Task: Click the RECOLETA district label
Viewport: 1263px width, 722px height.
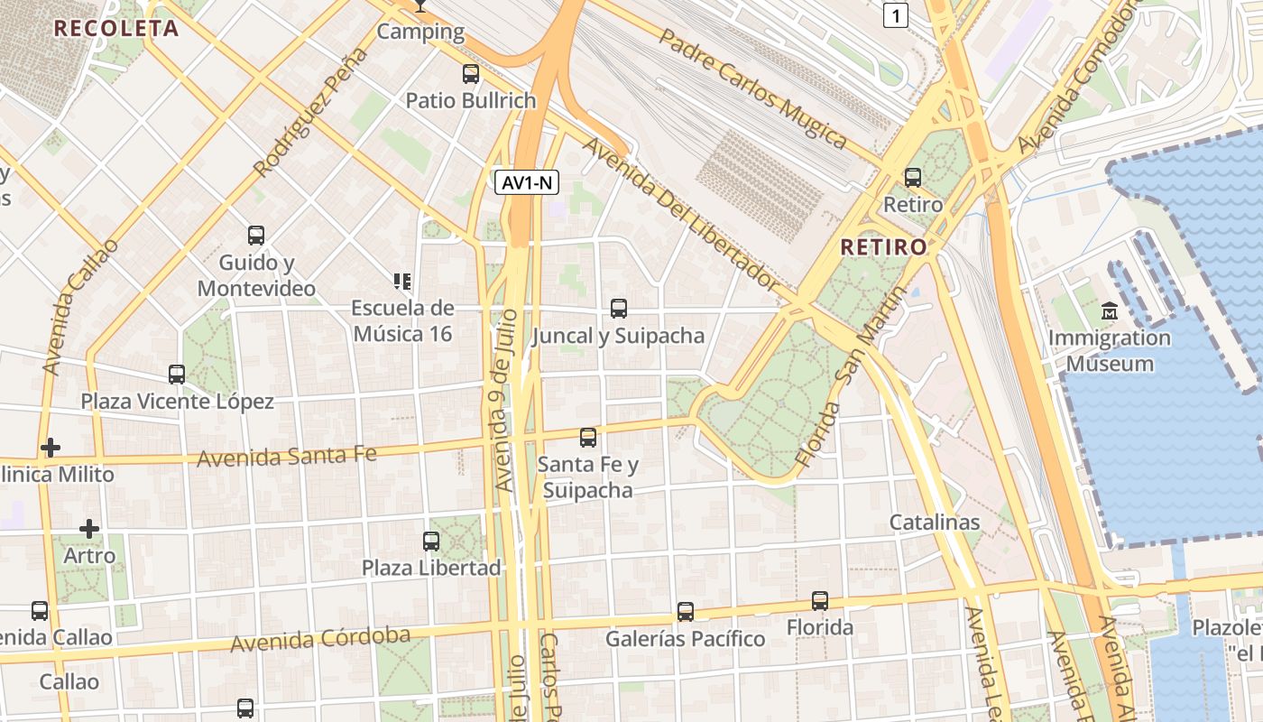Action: coord(116,28)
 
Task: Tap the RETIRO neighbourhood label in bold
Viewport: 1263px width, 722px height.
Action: coord(883,246)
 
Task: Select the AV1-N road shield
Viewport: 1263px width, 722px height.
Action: coord(528,182)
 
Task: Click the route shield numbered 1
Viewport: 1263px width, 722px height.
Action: coord(894,14)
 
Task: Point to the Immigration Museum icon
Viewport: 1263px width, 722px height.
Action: coord(1110,311)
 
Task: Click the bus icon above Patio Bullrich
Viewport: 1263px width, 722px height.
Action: coord(471,74)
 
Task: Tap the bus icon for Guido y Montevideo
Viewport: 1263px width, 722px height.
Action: coord(256,236)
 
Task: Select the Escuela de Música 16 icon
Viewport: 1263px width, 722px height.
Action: coord(402,282)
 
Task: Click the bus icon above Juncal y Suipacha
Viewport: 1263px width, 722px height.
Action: coord(619,309)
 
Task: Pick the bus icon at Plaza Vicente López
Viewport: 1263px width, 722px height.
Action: coord(177,374)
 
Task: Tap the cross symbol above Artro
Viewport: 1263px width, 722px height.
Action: coord(89,528)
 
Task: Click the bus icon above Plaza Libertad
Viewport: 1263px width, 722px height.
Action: coord(431,541)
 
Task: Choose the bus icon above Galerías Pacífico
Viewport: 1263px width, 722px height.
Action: coord(686,612)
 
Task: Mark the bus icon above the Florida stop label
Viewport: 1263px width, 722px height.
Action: coord(820,600)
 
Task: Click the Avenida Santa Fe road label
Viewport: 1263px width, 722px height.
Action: coord(286,456)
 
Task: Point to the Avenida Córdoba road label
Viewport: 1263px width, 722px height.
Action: coord(320,639)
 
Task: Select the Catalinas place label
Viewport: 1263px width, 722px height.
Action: coord(935,522)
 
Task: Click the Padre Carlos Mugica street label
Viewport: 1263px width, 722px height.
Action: coord(752,88)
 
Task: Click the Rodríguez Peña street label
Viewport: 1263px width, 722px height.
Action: coord(311,112)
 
